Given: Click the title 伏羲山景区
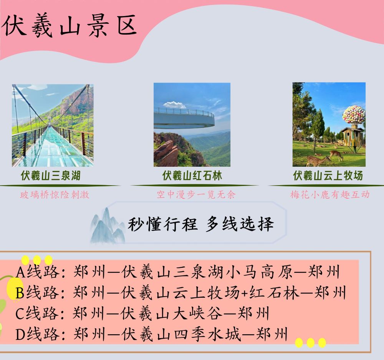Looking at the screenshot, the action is [70, 26].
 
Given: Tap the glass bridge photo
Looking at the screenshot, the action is [53, 126].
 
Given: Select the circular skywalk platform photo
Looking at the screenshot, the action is [192, 125].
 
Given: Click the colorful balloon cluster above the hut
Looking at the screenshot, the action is [354, 115].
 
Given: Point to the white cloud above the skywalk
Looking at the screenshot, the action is [175, 105].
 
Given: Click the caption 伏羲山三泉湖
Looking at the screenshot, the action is [51, 176].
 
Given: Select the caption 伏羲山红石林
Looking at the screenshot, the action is [192, 176].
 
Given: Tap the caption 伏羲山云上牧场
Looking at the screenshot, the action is [328, 176].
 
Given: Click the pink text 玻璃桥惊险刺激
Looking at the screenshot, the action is [55, 195].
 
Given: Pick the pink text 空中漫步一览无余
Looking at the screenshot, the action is [196, 194].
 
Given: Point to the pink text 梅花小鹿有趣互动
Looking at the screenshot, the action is [330, 194].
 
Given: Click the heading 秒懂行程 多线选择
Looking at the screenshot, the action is [200, 224].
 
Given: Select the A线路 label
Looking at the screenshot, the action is [38, 272].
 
